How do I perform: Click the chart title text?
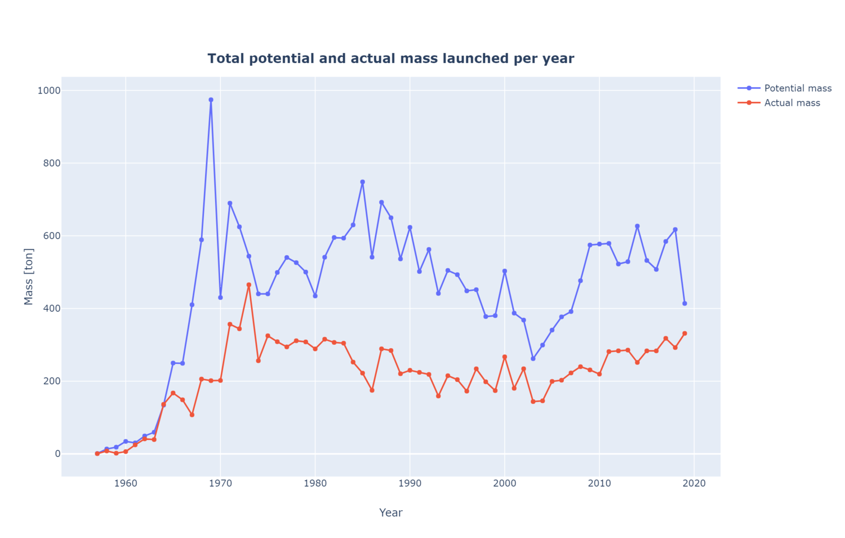tap(390, 59)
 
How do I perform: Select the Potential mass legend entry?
tap(797, 88)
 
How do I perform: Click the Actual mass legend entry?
tap(791, 103)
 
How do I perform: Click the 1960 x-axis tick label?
tap(126, 483)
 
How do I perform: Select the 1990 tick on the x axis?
tap(410, 483)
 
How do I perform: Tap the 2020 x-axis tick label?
tap(694, 483)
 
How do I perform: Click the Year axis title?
tap(390, 513)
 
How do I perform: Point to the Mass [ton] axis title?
tap(29, 277)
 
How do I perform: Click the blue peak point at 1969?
tap(211, 100)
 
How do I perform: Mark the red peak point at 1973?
tap(249, 285)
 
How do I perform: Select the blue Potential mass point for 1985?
tap(362, 182)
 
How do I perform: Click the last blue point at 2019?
tap(684, 304)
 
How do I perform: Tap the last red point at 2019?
tap(684, 334)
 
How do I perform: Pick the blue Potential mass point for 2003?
tap(533, 359)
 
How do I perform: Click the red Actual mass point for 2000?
tap(505, 357)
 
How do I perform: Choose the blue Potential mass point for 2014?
tap(637, 226)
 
